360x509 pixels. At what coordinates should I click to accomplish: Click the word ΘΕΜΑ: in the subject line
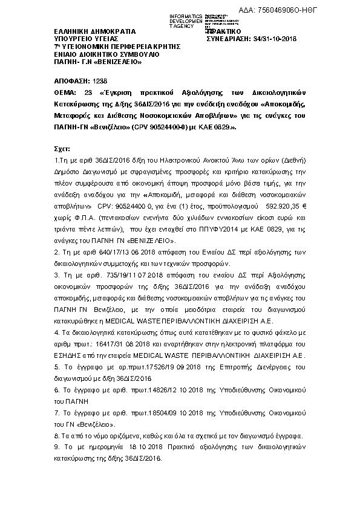pos(66,92)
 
